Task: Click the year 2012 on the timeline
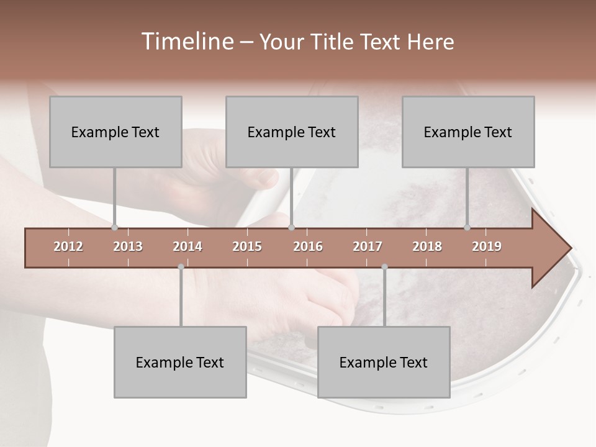(x=68, y=246)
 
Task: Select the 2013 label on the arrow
(x=128, y=246)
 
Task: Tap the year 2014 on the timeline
(x=187, y=246)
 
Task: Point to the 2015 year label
(x=247, y=246)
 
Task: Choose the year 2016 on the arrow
(x=308, y=246)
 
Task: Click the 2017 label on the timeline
(x=368, y=246)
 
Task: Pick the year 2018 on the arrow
(x=427, y=246)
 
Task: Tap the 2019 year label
(x=487, y=246)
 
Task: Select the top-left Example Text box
(x=115, y=132)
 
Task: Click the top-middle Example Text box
(x=292, y=132)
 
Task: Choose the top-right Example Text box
(x=468, y=132)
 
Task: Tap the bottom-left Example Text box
(x=180, y=362)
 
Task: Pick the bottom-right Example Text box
(x=384, y=362)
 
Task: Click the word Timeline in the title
(x=186, y=42)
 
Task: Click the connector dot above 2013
(x=115, y=228)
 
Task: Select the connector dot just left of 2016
(x=292, y=228)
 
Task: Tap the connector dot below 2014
(x=181, y=267)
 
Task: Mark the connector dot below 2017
(x=384, y=267)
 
